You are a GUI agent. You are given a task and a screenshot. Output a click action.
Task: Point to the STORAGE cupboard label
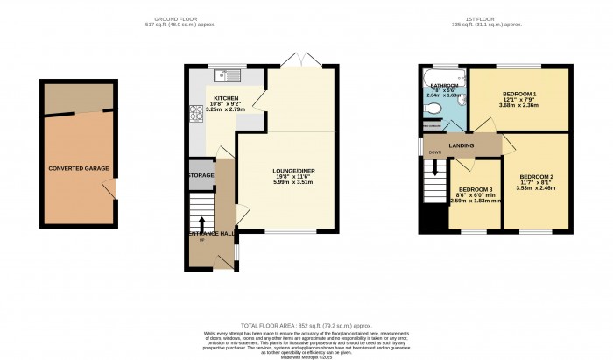[201, 175]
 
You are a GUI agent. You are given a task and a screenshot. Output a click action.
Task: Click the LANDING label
[462, 146]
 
